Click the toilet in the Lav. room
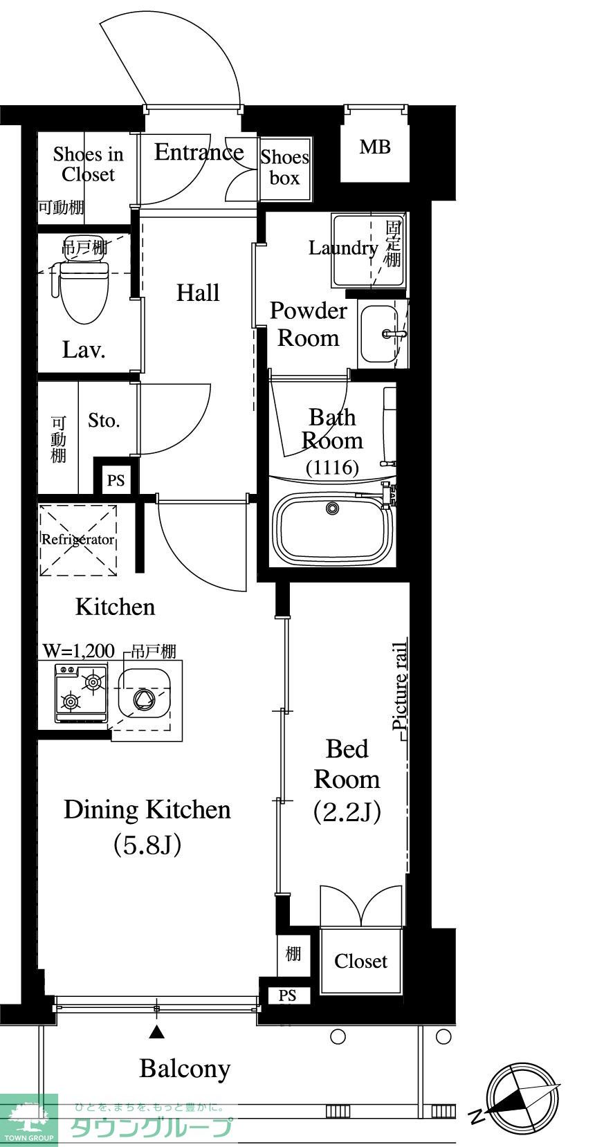(82, 291)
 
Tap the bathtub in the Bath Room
(333, 529)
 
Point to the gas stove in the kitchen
(81, 693)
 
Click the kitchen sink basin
(144, 697)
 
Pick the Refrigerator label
(77, 540)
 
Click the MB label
(375, 147)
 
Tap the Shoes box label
(284, 167)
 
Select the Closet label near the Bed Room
(360, 961)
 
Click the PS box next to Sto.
(116, 480)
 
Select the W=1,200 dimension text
(79, 652)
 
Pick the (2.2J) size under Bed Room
(348, 811)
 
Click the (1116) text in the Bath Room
(332, 467)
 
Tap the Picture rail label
(400, 686)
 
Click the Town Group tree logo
(28, 1119)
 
